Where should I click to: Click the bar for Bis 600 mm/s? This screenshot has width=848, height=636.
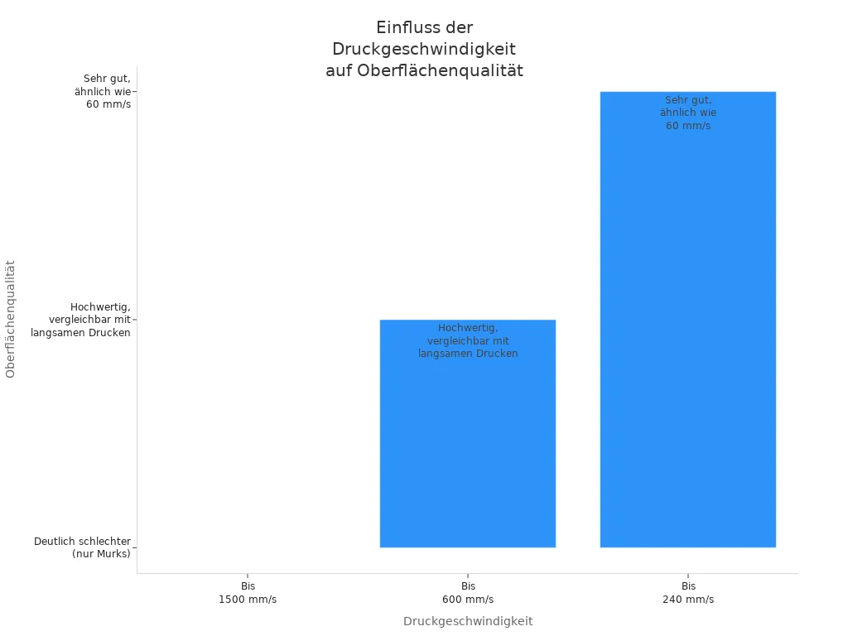tap(468, 447)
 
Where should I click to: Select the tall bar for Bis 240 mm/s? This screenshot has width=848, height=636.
tap(687, 331)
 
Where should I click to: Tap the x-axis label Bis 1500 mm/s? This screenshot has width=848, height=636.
tap(248, 592)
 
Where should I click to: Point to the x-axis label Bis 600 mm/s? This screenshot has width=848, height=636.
tap(468, 592)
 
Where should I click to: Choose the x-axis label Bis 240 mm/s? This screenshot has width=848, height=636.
tap(688, 592)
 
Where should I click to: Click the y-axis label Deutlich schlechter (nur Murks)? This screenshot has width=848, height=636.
tap(83, 547)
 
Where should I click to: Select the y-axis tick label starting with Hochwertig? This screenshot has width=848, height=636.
tap(81, 320)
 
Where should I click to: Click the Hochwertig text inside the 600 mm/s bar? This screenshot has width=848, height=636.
tap(468, 340)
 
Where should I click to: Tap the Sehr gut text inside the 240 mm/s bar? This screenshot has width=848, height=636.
tap(688, 113)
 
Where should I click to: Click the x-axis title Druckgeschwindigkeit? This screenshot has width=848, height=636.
tap(468, 621)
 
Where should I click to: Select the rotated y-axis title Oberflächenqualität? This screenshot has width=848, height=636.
tap(11, 319)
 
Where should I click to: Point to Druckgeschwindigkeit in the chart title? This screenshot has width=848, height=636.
tap(424, 50)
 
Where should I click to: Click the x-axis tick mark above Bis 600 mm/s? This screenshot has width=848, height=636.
tap(468, 576)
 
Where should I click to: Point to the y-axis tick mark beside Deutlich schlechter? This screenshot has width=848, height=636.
tap(134, 547)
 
